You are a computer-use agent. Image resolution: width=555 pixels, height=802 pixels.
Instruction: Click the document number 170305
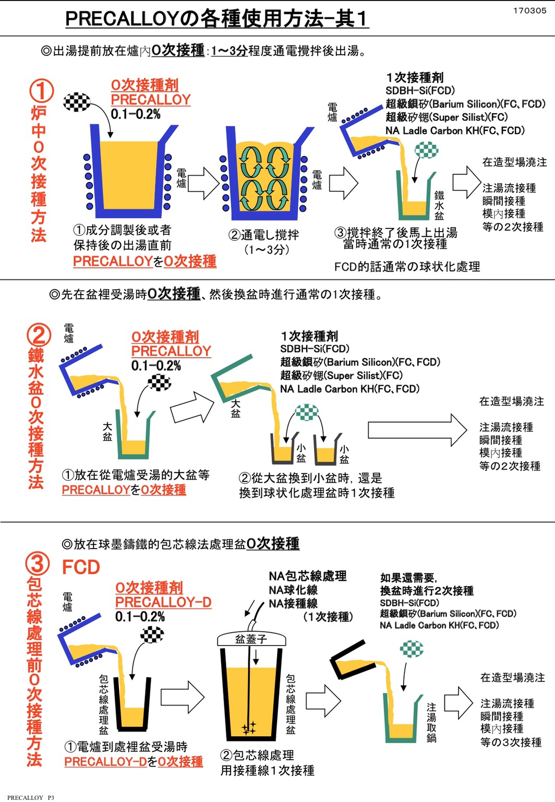click(x=529, y=10)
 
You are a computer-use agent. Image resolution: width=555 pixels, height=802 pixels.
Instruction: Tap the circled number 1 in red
click(x=41, y=91)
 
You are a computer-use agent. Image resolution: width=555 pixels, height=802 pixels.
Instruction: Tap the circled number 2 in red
click(x=39, y=335)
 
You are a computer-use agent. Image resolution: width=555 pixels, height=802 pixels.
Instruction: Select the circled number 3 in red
click(x=38, y=563)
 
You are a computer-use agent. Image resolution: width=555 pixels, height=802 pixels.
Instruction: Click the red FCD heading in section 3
click(x=81, y=567)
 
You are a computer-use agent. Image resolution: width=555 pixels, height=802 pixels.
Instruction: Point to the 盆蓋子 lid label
click(x=251, y=639)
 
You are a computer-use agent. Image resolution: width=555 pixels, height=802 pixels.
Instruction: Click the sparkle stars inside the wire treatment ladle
click(x=249, y=727)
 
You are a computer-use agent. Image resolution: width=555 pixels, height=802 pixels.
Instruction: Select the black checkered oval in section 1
click(x=77, y=102)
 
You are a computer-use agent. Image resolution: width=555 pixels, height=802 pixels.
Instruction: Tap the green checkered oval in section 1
click(x=427, y=151)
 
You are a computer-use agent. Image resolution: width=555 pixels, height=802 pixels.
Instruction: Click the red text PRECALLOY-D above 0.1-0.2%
click(x=163, y=602)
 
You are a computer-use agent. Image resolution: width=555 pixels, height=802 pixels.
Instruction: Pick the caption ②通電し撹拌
click(x=264, y=235)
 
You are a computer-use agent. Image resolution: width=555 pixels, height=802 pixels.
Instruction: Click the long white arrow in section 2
click(x=417, y=430)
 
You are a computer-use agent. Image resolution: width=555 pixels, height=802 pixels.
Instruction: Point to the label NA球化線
click(x=293, y=590)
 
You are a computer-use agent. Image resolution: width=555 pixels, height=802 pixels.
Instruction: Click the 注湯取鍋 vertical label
click(x=431, y=722)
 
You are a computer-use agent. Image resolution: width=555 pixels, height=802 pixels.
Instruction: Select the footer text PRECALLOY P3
click(x=30, y=797)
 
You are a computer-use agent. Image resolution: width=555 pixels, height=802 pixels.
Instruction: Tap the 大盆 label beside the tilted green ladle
click(x=236, y=408)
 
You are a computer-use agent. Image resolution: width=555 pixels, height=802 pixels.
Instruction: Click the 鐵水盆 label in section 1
click(x=439, y=205)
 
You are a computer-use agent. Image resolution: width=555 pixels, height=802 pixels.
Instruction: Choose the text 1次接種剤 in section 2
click(x=309, y=336)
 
